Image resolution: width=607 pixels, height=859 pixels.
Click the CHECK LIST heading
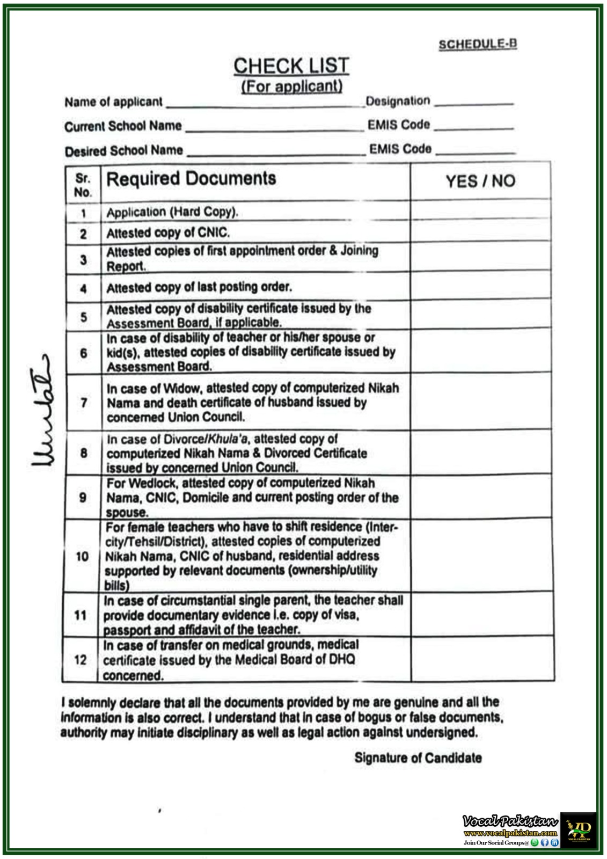[x=291, y=66]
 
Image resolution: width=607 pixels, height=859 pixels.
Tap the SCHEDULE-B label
[x=478, y=45]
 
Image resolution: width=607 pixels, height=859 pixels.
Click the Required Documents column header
[x=191, y=179]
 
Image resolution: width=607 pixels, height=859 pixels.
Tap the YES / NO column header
[x=480, y=181]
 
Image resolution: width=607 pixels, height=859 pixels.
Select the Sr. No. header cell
[x=83, y=185]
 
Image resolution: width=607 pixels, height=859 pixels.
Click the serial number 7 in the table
[x=84, y=403]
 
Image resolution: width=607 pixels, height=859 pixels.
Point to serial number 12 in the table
[x=81, y=659]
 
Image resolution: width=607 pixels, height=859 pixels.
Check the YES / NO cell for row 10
[x=482, y=555]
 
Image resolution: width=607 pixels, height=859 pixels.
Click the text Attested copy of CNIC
[x=168, y=233]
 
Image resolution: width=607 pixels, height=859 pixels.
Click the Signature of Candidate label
[x=418, y=758]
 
